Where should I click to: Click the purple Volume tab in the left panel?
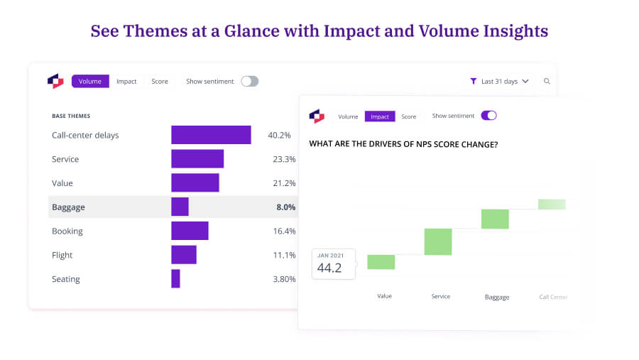point(90,82)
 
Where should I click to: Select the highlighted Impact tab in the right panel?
point(380,116)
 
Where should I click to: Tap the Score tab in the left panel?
point(160,82)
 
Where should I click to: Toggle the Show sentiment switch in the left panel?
point(249,82)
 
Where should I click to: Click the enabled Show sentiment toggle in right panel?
point(488,116)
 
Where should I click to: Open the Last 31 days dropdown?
point(501,82)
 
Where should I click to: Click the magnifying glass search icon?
point(547,82)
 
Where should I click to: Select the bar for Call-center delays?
point(211,135)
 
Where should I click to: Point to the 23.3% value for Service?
point(284,159)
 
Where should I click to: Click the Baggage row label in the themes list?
point(68,207)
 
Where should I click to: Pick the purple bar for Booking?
point(190,231)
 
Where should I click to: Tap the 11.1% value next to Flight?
point(284,255)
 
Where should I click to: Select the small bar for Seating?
point(175,278)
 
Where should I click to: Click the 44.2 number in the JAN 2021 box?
point(329,268)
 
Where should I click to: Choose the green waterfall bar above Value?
point(381,262)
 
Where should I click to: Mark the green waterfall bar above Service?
point(438,241)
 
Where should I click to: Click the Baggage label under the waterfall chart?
point(496,297)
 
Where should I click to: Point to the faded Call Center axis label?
point(553,297)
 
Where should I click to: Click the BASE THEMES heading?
point(71,116)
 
